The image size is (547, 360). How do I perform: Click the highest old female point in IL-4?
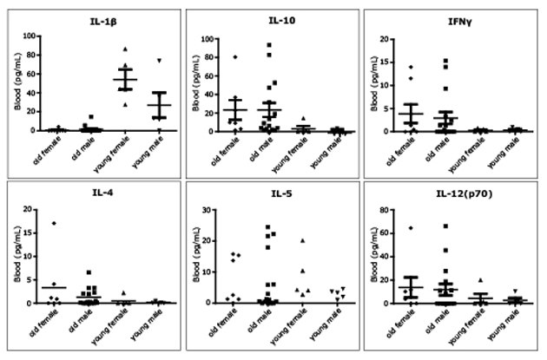click(x=54, y=223)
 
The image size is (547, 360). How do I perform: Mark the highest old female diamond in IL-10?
click(x=235, y=57)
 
